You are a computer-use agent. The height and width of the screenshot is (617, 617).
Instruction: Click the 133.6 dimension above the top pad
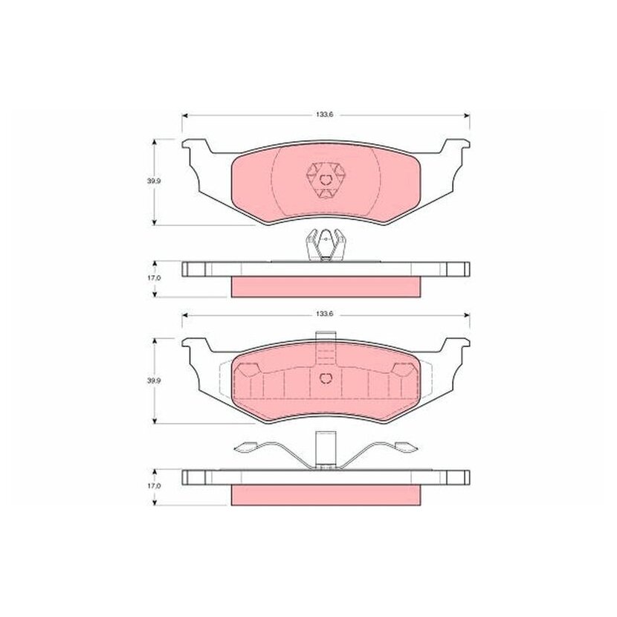pos(325,115)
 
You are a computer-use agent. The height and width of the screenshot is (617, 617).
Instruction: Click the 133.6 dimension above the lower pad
pos(325,314)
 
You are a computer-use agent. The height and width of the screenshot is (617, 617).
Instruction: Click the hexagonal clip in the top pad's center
pos(325,180)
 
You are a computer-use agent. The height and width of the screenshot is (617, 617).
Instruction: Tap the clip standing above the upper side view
pos(326,245)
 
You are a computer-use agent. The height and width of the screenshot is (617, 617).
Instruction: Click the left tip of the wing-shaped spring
pos(234,448)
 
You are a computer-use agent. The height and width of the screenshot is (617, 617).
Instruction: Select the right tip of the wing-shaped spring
pos(418,448)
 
